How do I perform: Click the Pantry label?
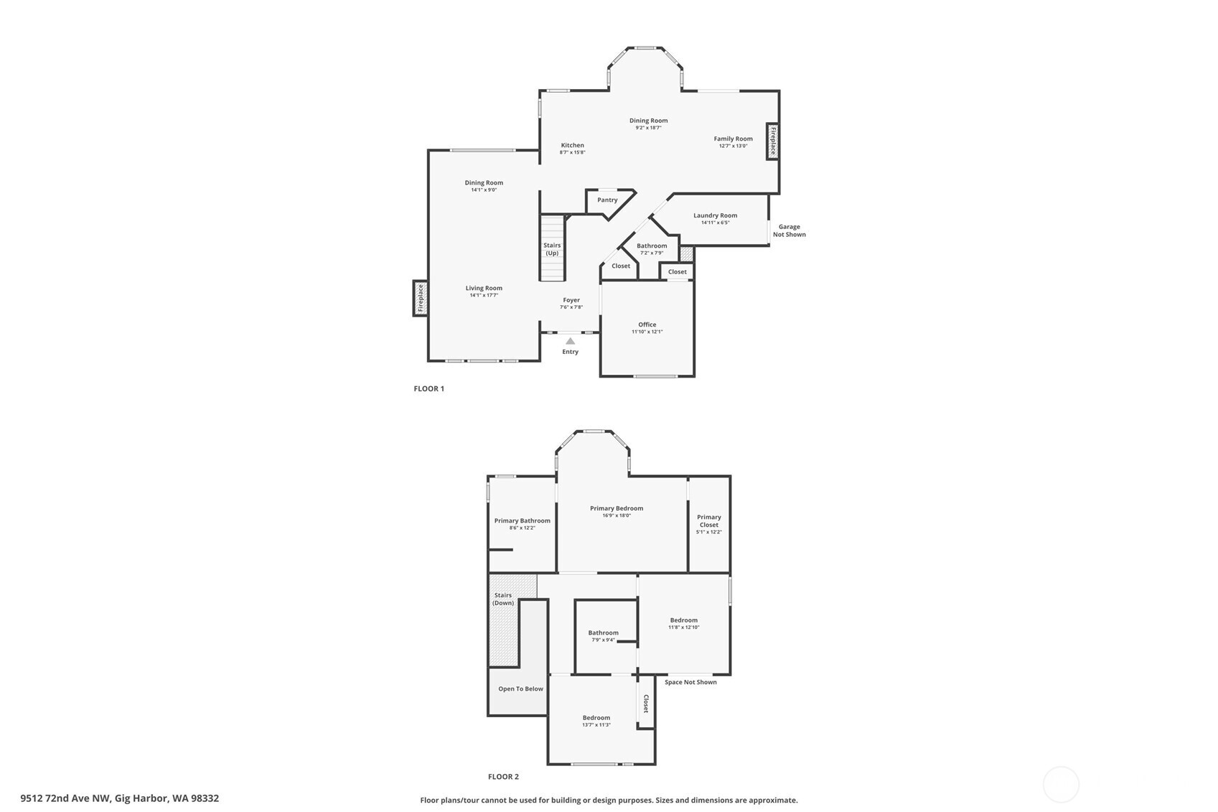(x=607, y=200)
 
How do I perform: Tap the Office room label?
(x=647, y=325)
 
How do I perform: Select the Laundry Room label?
(x=715, y=215)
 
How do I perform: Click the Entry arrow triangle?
(x=570, y=341)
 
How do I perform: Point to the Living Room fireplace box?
(x=421, y=298)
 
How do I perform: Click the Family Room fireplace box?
(x=773, y=141)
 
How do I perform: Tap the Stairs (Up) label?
(x=552, y=249)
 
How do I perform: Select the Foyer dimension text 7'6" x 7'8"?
(x=571, y=307)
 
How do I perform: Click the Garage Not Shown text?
(x=789, y=230)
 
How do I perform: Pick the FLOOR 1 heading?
(x=428, y=389)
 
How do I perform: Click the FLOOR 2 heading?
(x=503, y=777)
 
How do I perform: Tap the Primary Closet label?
(x=708, y=521)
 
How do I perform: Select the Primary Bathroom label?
(x=522, y=521)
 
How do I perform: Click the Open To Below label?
(x=520, y=689)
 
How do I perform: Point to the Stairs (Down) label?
(x=503, y=599)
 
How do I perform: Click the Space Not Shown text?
(x=690, y=682)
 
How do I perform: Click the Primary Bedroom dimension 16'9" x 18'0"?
(x=616, y=515)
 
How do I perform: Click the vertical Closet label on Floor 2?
(x=646, y=704)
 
